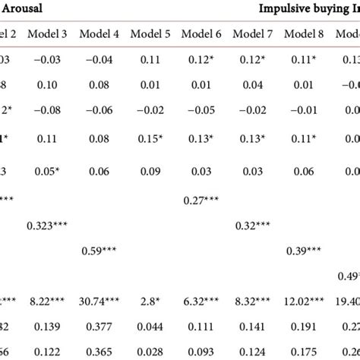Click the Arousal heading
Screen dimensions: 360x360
(x=31, y=10)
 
